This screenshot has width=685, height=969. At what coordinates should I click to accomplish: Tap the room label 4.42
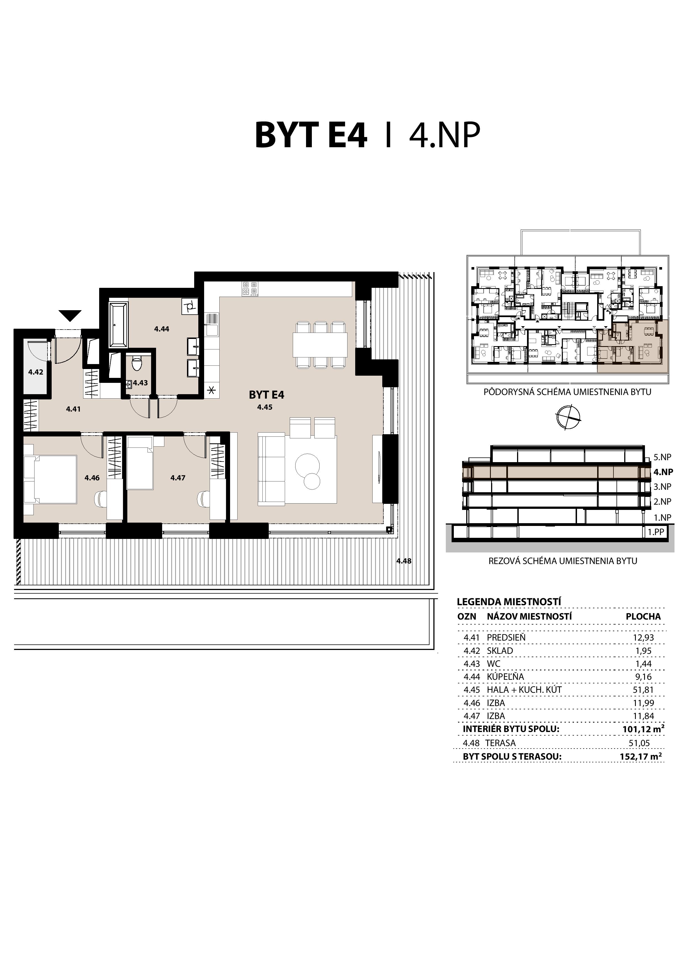click(36, 372)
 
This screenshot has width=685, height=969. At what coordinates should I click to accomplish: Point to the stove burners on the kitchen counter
click(249, 288)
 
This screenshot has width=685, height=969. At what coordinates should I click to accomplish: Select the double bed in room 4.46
click(50, 479)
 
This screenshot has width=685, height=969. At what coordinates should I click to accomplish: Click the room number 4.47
click(178, 478)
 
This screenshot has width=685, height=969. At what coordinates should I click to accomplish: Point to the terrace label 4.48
click(404, 561)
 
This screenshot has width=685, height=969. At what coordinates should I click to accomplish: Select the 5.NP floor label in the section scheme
click(662, 457)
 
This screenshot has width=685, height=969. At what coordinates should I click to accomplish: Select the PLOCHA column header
click(643, 616)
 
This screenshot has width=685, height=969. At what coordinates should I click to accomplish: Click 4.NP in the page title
click(444, 136)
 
